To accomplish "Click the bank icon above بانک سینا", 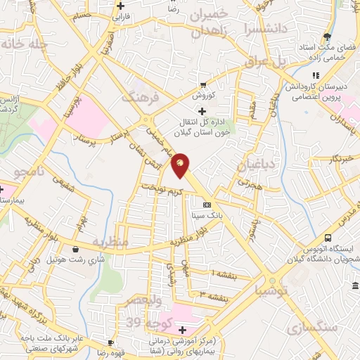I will click(205, 205).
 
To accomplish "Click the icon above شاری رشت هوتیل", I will click(75, 248).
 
